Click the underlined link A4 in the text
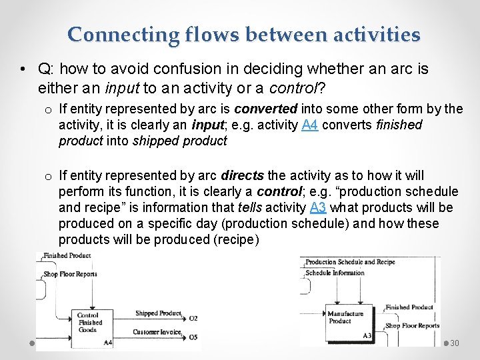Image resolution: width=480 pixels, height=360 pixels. coord(309,125)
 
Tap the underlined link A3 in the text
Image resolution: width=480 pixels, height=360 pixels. coord(318,207)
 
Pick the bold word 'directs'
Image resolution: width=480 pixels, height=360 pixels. coord(241,176)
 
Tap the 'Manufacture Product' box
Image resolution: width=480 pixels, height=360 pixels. coord(347,317)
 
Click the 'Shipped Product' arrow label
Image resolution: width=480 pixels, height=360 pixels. coord(158,313)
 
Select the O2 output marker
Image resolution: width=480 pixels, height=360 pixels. coord(193,318)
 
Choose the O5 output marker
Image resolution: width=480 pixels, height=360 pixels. coord(193,337)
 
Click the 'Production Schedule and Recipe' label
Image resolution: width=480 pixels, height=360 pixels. coord(350,263)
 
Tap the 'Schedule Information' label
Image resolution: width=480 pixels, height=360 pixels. coord(335,273)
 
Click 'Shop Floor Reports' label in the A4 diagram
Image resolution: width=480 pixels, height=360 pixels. coord(71,274)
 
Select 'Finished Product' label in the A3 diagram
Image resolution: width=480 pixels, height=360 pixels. coord(409,307)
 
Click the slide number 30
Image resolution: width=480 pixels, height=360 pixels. coord(455,343)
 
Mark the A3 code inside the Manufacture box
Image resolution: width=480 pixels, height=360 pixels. coord(367,335)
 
